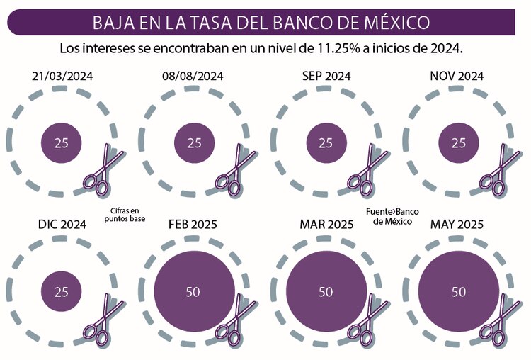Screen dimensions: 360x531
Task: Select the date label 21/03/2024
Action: [x=62, y=76]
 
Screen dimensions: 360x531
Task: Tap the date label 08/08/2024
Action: [x=194, y=76]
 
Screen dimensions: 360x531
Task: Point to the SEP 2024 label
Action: [x=326, y=76]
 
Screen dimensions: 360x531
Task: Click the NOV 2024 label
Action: [x=457, y=76]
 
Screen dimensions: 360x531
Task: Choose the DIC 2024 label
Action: [x=62, y=225]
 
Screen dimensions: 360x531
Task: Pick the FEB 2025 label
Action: [x=193, y=225]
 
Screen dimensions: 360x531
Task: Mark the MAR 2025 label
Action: [x=326, y=225]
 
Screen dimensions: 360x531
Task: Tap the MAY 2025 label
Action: [x=457, y=225]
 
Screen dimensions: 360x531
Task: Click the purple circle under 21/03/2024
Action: [x=62, y=142]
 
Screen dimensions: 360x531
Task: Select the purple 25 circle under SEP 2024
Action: [x=326, y=142]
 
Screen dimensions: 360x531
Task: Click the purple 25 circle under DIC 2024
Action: [x=62, y=291]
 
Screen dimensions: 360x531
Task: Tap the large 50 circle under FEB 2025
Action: [x=194, y=291]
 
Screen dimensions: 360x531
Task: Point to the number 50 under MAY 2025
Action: [x=459, y=291]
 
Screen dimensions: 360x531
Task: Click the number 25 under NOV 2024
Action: [x=459, y=142]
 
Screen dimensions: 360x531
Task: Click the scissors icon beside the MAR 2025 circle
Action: [x=364, y=320]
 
